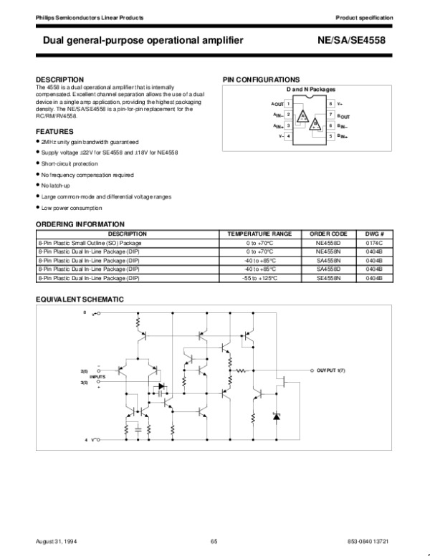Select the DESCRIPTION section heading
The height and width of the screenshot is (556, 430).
(59, 79)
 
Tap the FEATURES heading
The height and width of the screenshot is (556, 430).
(54, 132)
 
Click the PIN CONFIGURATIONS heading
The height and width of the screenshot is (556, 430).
(262, 79)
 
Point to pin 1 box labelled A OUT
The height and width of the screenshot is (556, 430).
(288, 104)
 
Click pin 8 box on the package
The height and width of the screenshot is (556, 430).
(330, 104)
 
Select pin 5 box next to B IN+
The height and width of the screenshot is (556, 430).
(330, 135)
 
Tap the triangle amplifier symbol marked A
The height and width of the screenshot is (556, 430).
(303, 115)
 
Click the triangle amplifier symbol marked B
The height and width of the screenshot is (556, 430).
(315, 125)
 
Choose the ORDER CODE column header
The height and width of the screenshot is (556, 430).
(328, 234)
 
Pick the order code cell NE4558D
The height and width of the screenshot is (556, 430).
(328, 244)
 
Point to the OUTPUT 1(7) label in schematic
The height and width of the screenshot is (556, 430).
(331, 371)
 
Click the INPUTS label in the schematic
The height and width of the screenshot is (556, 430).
(97, 377)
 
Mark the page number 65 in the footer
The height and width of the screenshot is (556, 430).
(214, 540)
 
